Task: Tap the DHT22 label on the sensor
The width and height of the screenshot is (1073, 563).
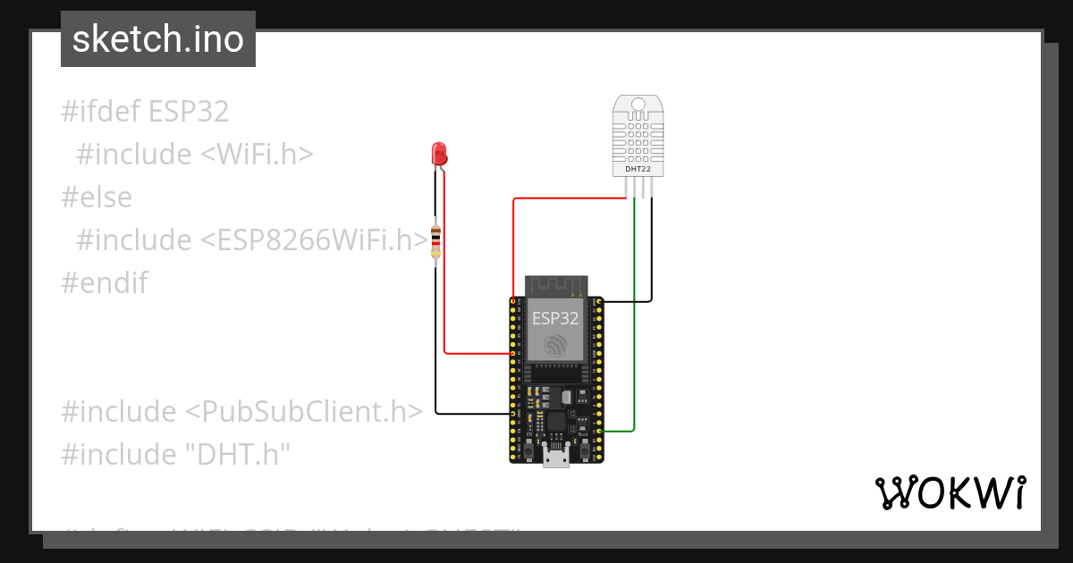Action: coord(638,168)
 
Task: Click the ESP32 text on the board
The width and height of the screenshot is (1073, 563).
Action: coord(555,317)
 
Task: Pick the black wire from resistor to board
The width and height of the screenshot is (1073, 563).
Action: coord(435,357)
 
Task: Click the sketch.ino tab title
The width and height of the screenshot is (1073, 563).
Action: coord(158,39)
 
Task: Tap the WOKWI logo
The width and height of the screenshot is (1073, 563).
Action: coord(950,493)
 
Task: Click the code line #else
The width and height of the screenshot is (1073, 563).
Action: coord(97,197)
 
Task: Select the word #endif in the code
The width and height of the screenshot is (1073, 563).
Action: coord(105,283)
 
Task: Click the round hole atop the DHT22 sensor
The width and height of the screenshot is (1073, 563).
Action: coord(638,105)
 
